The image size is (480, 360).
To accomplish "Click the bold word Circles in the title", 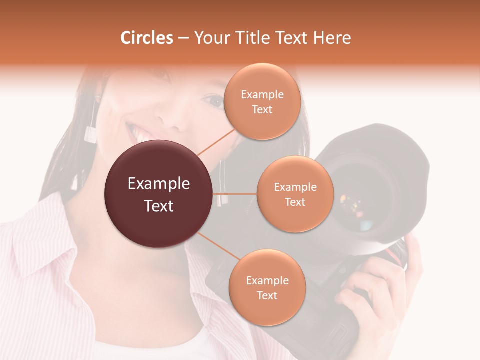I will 147,38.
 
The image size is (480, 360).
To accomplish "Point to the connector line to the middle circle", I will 235,194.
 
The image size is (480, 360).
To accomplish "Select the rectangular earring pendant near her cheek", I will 91,135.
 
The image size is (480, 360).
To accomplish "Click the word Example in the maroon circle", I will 158,184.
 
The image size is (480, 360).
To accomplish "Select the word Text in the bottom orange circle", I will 267,295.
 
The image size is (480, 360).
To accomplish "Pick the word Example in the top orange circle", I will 262,95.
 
